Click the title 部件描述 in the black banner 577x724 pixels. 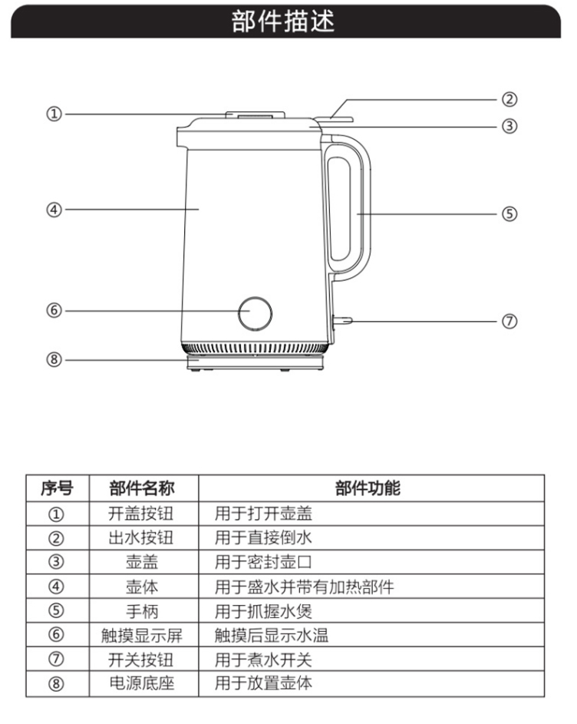[283, 21]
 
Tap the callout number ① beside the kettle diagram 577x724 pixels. [53, 114]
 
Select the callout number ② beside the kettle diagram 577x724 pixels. [509, 99]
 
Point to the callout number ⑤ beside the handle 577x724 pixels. [509, 213]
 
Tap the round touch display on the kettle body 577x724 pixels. [255, 312]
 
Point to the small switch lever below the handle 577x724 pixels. [342, 322]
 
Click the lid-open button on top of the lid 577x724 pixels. [255, 116]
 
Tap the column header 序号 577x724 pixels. [57, 488]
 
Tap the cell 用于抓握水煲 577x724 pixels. [263, 611]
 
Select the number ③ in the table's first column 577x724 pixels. [57, 562]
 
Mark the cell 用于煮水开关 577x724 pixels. [263, 660]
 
